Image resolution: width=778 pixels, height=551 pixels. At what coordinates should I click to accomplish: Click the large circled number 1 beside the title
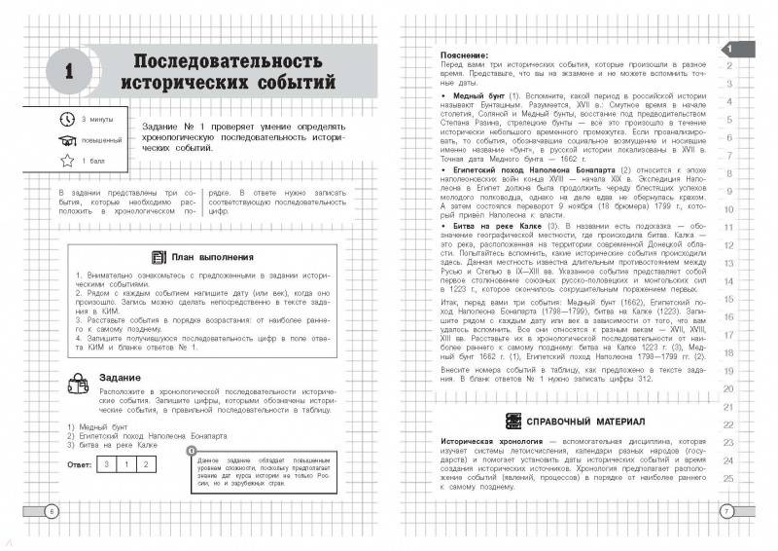click(70, 70)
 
